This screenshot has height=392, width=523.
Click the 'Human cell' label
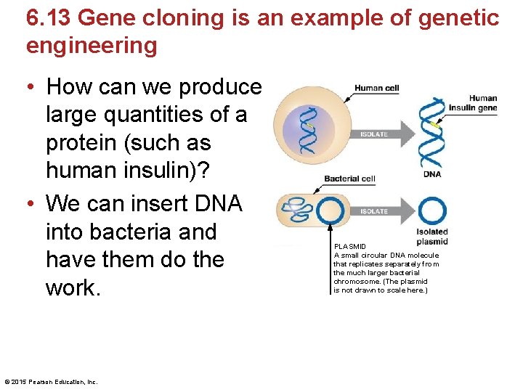click(376, 89)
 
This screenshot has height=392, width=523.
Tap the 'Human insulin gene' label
click(482, 104)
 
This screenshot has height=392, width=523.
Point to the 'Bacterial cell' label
click(349, 179)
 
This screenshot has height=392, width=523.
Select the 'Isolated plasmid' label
click(432, 237)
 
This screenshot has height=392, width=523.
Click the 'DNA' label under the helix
click(432, 174)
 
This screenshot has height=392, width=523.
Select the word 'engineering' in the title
click(92, 46)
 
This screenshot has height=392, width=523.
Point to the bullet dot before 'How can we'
click(31, 88)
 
